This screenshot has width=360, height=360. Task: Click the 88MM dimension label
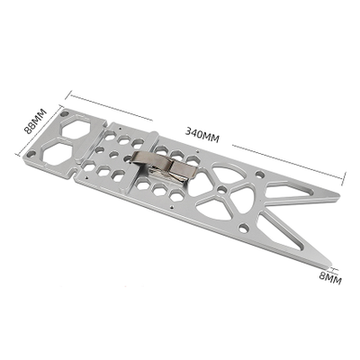point(35,121)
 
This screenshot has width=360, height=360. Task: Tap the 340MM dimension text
point(202,135)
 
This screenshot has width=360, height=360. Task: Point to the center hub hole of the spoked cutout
point(222,190)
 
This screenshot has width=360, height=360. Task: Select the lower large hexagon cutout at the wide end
point(58,154)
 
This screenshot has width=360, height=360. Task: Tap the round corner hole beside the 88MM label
point(64,114)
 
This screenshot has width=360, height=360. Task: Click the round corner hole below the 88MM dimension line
point(30,155)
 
